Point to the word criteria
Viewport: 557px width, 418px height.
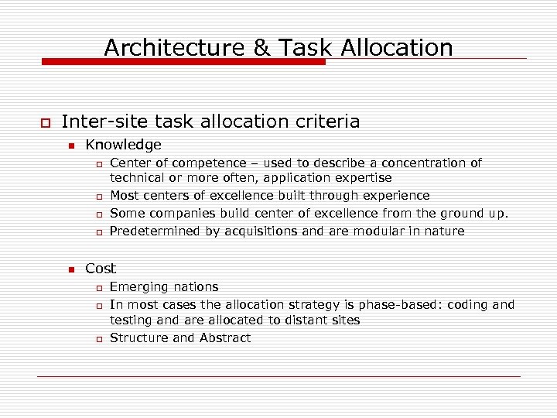pyautogui.click(x=325, y=122)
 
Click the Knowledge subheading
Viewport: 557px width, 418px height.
pyautogui.click(x=123, y=145)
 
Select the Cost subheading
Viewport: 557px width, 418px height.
pyautogui.click(x=101, y=269)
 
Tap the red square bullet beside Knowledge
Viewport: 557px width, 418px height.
pyautogui.click(x=70, y=146)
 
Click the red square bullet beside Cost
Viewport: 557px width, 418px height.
pyautogui.click(x=70, y=269)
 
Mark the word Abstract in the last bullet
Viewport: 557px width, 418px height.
pyautogui.click(x=225, y=338)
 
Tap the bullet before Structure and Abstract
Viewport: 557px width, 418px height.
pyautogui.click(x=98, y=339)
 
